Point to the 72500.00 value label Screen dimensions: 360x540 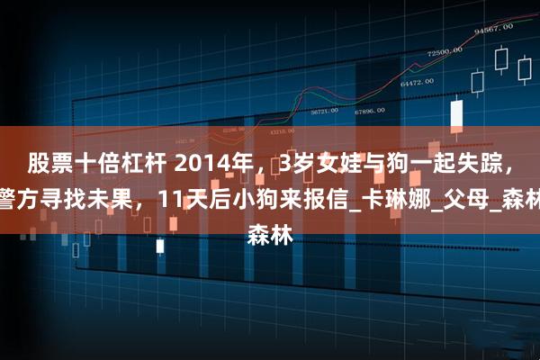click(x=445, y=53)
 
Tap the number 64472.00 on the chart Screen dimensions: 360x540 click(x=418, y=82)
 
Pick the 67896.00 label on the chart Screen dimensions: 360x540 click(x=369, y=112)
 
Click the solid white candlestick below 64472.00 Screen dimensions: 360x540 click(x=456, y=114)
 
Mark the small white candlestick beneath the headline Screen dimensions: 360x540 click(x=160, y=246)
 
